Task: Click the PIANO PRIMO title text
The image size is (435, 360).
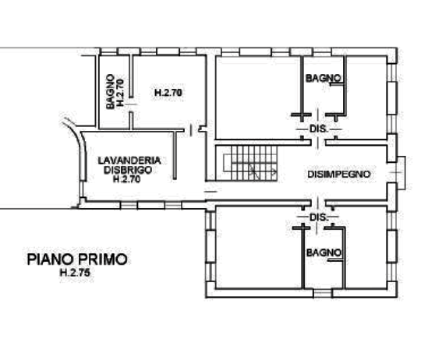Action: [x=77, y=259]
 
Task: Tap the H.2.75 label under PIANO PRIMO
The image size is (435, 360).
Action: [x=75, y=273]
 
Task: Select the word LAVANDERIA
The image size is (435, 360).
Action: [x=129, y=161]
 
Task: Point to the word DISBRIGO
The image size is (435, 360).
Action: [x=128, y=170]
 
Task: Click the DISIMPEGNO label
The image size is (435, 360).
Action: [x=339, y=175]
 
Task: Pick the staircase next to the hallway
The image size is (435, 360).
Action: [x=250, y=164]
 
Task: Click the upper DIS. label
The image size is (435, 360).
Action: [x=319, y=129]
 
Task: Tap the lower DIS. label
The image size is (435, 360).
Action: [x=319, y=217]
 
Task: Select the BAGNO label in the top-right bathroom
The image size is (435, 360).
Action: [x=324, y=78]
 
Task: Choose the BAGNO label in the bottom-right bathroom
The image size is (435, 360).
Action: [x=324, y=252]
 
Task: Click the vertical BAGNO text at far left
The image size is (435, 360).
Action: [x=110, y=91]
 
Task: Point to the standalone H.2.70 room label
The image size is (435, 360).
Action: [x=168, y=93]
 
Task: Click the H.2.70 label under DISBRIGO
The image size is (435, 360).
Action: [x=127, y=179]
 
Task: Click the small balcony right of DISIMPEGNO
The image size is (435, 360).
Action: [x=401, y=172]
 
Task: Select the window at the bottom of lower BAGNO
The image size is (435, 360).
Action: [x=323, y=294]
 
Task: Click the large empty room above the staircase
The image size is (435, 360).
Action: [x=258, y=97]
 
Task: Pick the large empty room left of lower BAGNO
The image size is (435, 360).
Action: [x=259, y=247]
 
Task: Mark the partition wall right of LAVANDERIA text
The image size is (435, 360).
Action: [x=175, y=155]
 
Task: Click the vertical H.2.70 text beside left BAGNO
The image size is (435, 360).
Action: [x=120, y=93]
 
